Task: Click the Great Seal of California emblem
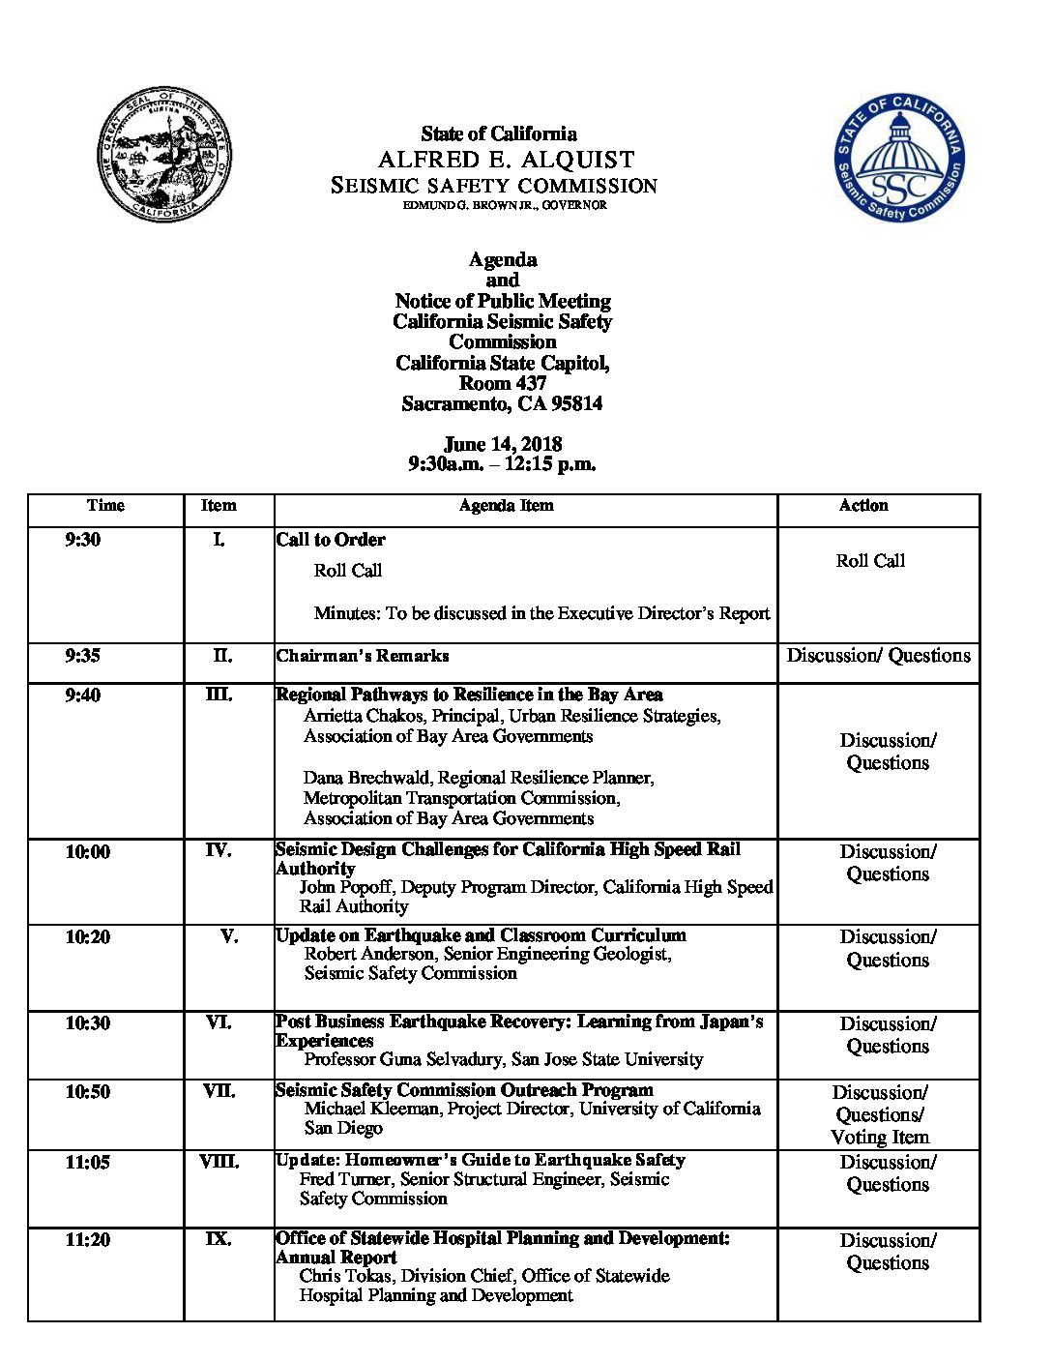[163, 154]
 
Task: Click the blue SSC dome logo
[899, 158]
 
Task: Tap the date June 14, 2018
[502, 444]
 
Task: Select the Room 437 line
[502, 383]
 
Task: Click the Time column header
[105, 505]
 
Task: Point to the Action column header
[862, 505]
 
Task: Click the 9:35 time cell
[83, 656]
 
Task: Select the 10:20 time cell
[88, 937]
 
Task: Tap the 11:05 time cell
[88, 1163]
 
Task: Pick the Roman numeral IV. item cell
[219, 851]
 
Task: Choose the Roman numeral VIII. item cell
[219, 1162]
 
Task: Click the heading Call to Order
[331, 540]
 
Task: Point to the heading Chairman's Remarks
[363, 656]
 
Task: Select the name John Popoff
[345, 887]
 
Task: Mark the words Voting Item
[880, 1138]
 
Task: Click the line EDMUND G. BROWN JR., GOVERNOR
[505, 205]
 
